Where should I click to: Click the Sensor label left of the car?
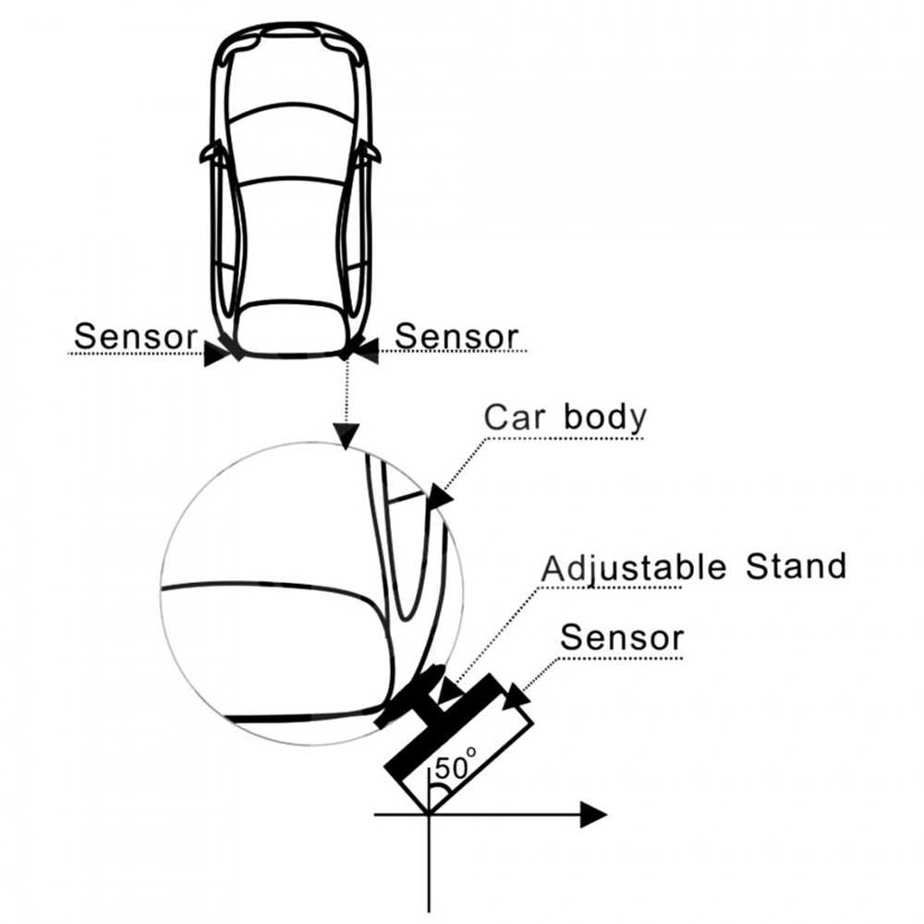(x=135, y=336)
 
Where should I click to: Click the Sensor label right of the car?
(x=456, y=336)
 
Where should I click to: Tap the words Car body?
(x=565, y=417)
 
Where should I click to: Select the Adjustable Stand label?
(x=694, y=565)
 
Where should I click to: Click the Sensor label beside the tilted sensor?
(x=622, y=637)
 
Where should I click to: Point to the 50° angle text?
(x=456, y=766)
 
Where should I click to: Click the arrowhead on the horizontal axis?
(x=593, y=814)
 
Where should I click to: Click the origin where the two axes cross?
(x=428, y=814)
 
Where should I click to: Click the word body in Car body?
(x=606, y=417)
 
